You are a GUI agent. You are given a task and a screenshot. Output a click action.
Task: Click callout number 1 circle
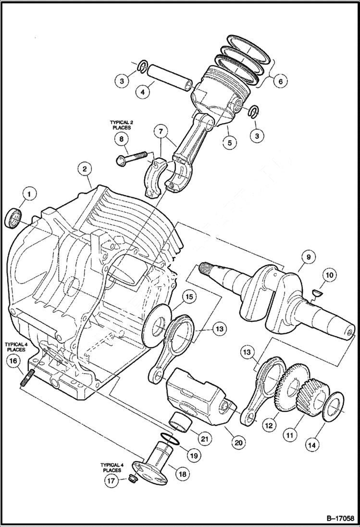click(x=28, y=194)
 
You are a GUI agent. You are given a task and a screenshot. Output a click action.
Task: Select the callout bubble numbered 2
click(x=84, y=169)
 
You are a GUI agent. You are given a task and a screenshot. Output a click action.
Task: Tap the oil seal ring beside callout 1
click(x=14, y=219)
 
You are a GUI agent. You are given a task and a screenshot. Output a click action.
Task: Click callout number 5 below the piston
click(x=230, y=142)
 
